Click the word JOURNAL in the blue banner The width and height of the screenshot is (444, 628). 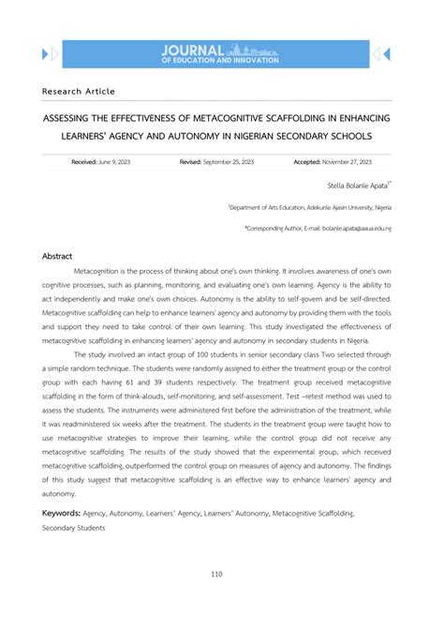[193, 49]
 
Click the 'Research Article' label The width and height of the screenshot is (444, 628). [79, 91]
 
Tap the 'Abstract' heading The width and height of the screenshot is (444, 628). [57, 256]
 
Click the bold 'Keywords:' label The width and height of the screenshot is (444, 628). [61, 513]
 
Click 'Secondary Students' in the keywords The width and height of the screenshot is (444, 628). [74, 528]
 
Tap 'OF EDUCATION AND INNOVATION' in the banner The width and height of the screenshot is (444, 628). [220, 60]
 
